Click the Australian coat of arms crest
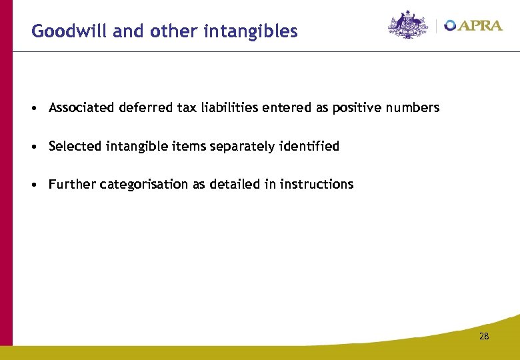(407, 25)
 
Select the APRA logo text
(475, 25)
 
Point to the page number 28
(484, 336)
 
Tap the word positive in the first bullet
(359, 108)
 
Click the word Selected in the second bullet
(75, 146)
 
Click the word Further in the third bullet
(72, 184)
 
